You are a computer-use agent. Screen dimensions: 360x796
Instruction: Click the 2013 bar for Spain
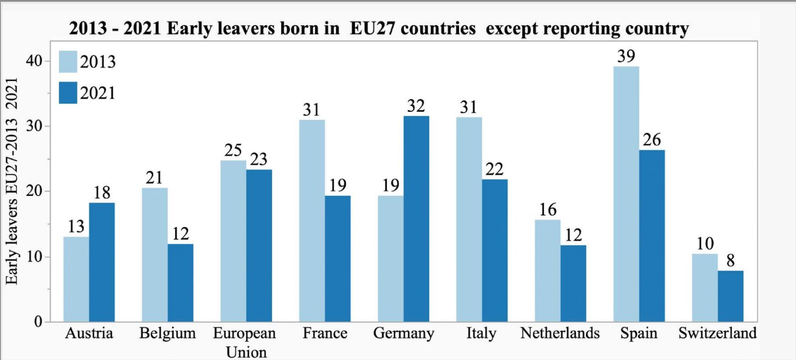(x=626, y=194)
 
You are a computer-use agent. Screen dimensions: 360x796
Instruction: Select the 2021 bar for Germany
(x=416, y=219)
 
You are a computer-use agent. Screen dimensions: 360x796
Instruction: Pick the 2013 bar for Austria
(x=76, y=279)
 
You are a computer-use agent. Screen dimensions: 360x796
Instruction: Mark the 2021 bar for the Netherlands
(x=573, y=283)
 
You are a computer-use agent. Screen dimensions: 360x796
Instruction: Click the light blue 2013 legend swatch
(x=68, y=62)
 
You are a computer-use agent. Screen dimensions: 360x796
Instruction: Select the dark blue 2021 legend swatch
(x=68, y=93)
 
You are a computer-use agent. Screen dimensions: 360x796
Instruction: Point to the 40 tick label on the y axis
(x=34, y=61)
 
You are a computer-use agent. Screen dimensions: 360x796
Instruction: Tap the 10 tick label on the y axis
(x=34, y=257)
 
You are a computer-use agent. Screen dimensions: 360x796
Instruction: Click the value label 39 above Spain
(x=626, y=56)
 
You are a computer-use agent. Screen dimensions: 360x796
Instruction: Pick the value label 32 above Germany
(x=416, y=106)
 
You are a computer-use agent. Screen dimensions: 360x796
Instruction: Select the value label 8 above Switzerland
(x=730, y=261)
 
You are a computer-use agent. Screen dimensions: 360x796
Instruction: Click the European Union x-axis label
(x=245, y=342)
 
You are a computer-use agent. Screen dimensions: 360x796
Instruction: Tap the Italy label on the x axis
(x=481, y=333)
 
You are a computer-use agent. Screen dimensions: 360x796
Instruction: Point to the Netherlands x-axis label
(x=560, y=333)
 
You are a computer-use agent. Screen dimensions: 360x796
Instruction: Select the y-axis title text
(x=12, y=181)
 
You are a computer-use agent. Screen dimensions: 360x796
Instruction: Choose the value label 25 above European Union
(x=233, y=150)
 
